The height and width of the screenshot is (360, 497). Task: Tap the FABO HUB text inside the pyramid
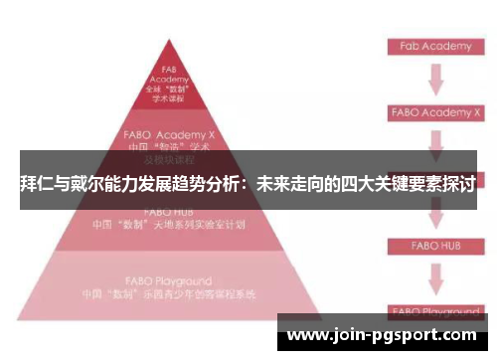[x=168, y=212]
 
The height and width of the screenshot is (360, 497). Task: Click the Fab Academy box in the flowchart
[x=434, y=47]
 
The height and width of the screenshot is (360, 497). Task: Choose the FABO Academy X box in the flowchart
[x=434, y=112]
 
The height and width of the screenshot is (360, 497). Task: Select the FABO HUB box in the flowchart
[x=434, y=245]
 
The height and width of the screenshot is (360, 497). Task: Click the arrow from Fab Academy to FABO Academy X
[x=434, y=80]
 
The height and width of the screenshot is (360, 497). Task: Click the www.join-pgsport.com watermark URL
[x=387, y=333]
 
